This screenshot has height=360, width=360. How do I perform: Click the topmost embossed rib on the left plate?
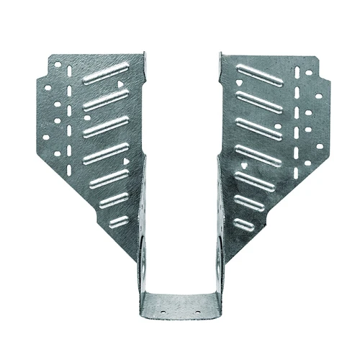106,73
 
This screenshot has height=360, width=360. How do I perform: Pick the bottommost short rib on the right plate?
244,224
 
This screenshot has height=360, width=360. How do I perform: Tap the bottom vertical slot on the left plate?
70,171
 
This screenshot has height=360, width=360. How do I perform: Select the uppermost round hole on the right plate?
308,73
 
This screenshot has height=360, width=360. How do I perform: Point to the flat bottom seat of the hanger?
179,306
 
